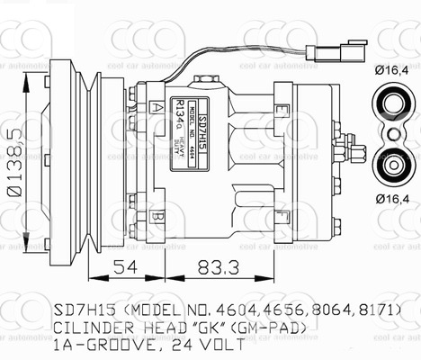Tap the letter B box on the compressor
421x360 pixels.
click(x=157, y=217)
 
